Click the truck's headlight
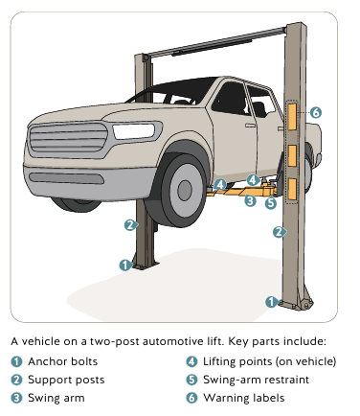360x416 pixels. click(x=134, y=131)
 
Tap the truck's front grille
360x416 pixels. click(x=69, y=137)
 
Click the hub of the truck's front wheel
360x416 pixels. click(x=185, y=191)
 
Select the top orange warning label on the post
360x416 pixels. click(x=292, y=117)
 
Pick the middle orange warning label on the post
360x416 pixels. click(x=292, y=155)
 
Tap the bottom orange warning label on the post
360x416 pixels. click(x=292, y=189)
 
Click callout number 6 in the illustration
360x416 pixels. click(x=315, y=112)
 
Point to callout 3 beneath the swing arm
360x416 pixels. click(x=250, y=200)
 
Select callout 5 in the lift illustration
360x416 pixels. click(x=271, y=202)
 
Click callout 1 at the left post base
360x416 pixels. click(x=125, y=266)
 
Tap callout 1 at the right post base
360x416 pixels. click(x=271, y=302)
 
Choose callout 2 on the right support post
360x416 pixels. click(x=279, y=232)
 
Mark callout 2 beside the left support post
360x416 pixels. click(x=130, y=225)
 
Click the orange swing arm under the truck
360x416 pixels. click(x=242, y=192)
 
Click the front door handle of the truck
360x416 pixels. click(x=250, y=126)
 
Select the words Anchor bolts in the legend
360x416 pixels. click(x=63, y=361)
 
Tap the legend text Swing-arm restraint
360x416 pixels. click(x=256, y=380)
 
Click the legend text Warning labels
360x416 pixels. click(x=244, y=398)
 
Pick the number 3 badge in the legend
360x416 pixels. click(x=16, y=398)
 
